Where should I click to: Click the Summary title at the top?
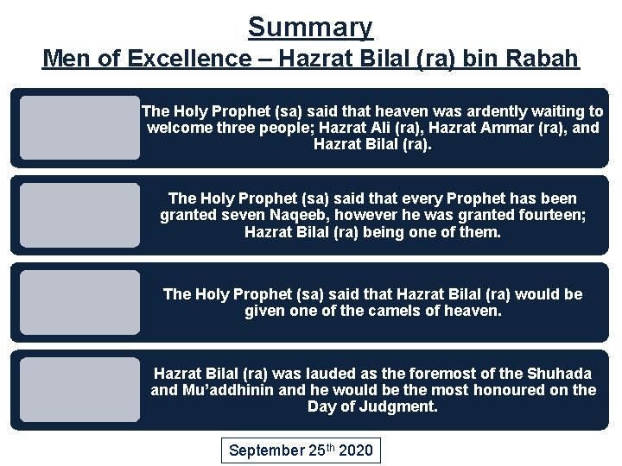pos(310,27)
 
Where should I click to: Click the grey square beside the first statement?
pos(79,128)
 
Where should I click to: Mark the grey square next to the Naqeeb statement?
pos(79,215)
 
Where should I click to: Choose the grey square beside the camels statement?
pos(79,302)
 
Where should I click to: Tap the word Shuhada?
pos(555,373)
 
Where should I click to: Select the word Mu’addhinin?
pos(230,390)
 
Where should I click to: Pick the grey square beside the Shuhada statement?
pos(79,389)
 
